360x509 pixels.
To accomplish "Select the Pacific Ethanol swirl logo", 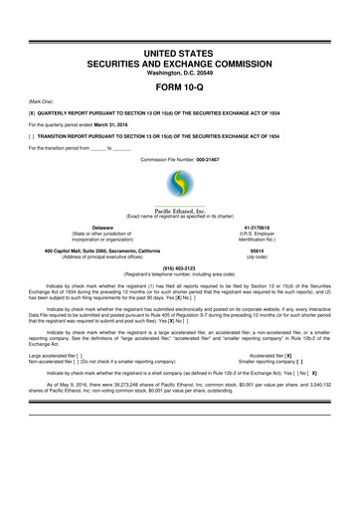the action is point(180,184).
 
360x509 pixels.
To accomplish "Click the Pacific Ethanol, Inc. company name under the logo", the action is point(180,211).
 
